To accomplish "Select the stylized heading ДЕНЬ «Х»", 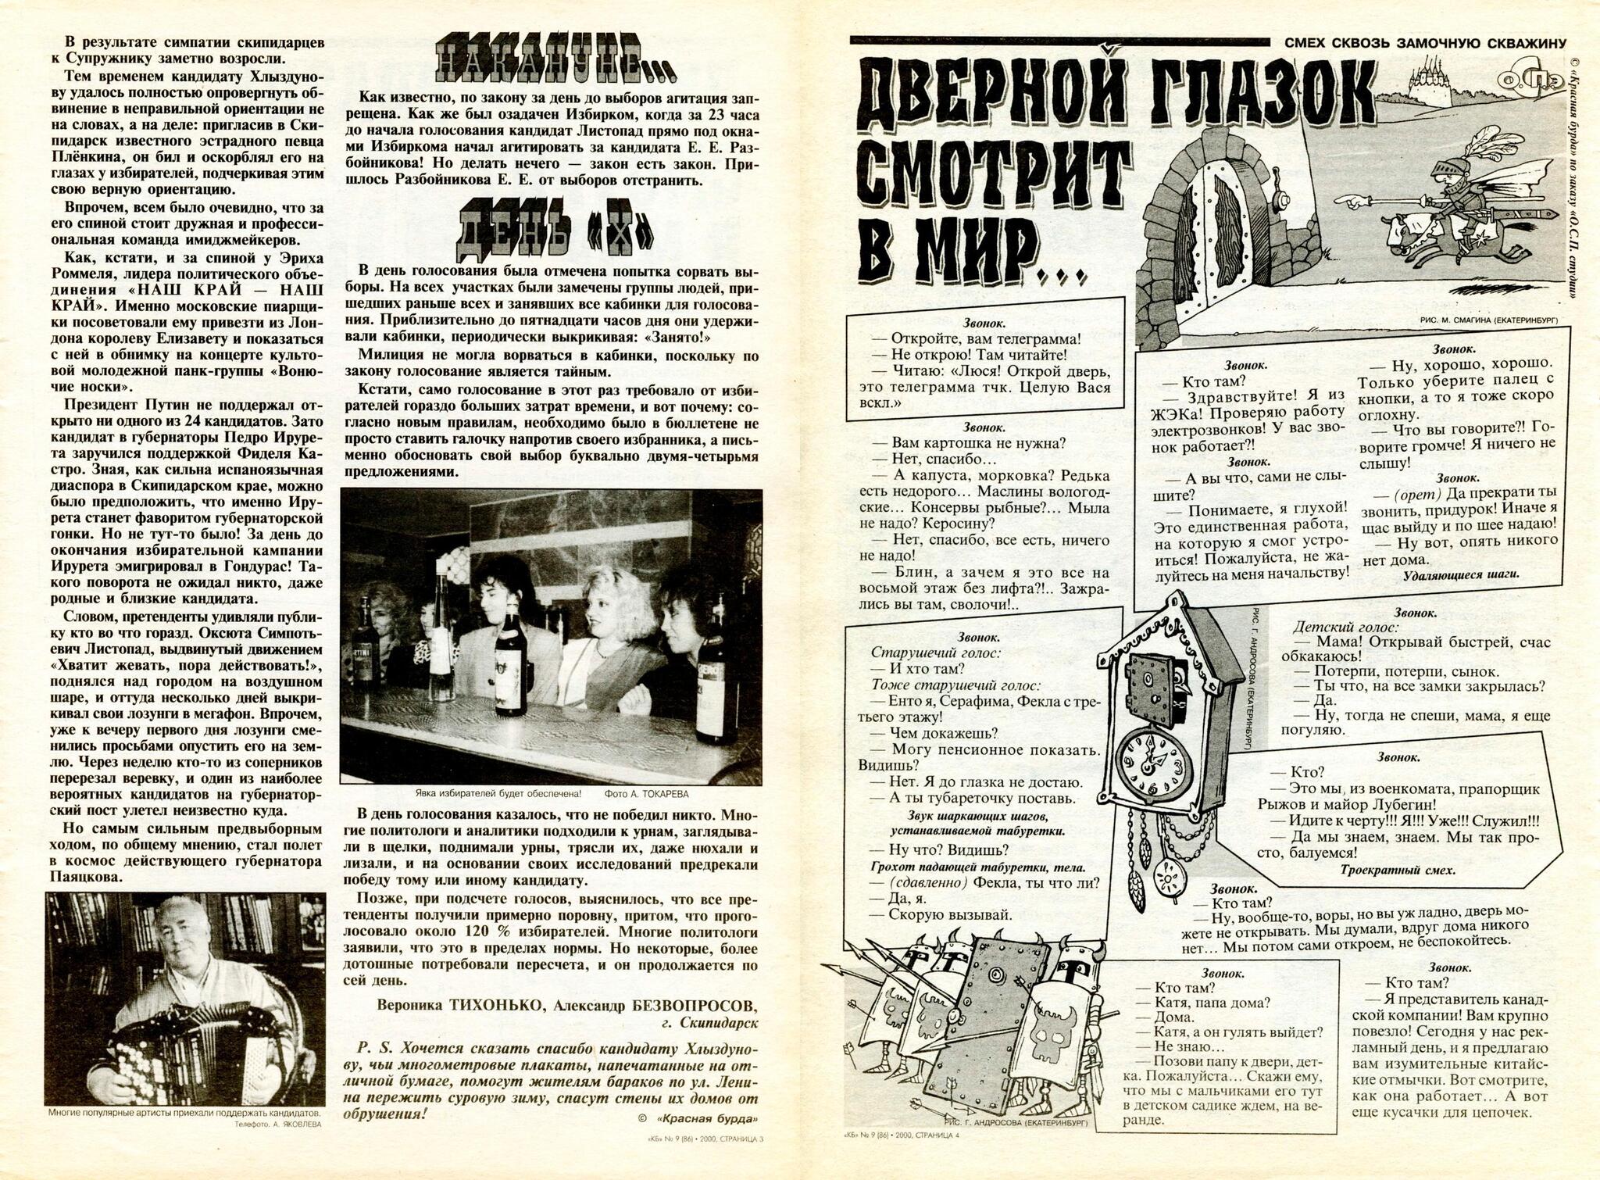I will pos(555,229).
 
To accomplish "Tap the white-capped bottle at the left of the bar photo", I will pos(441,643).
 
